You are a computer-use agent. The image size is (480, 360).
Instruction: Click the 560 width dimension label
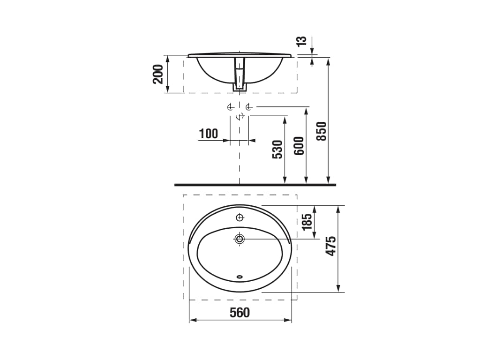click(240, 313)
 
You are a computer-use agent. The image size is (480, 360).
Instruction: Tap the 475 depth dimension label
click(331, 246)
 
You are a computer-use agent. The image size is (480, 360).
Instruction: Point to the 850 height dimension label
click(322, 131)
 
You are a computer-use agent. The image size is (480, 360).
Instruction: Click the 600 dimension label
click(299, 146)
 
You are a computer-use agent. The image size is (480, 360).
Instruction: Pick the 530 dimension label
click(277, 150)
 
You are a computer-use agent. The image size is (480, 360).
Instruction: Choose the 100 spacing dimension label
click(209, 134)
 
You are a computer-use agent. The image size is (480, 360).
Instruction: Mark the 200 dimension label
click(158, 74)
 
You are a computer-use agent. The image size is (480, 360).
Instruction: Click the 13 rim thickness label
click(301, 41)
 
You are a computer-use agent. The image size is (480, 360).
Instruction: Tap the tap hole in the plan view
click(240, 217)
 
